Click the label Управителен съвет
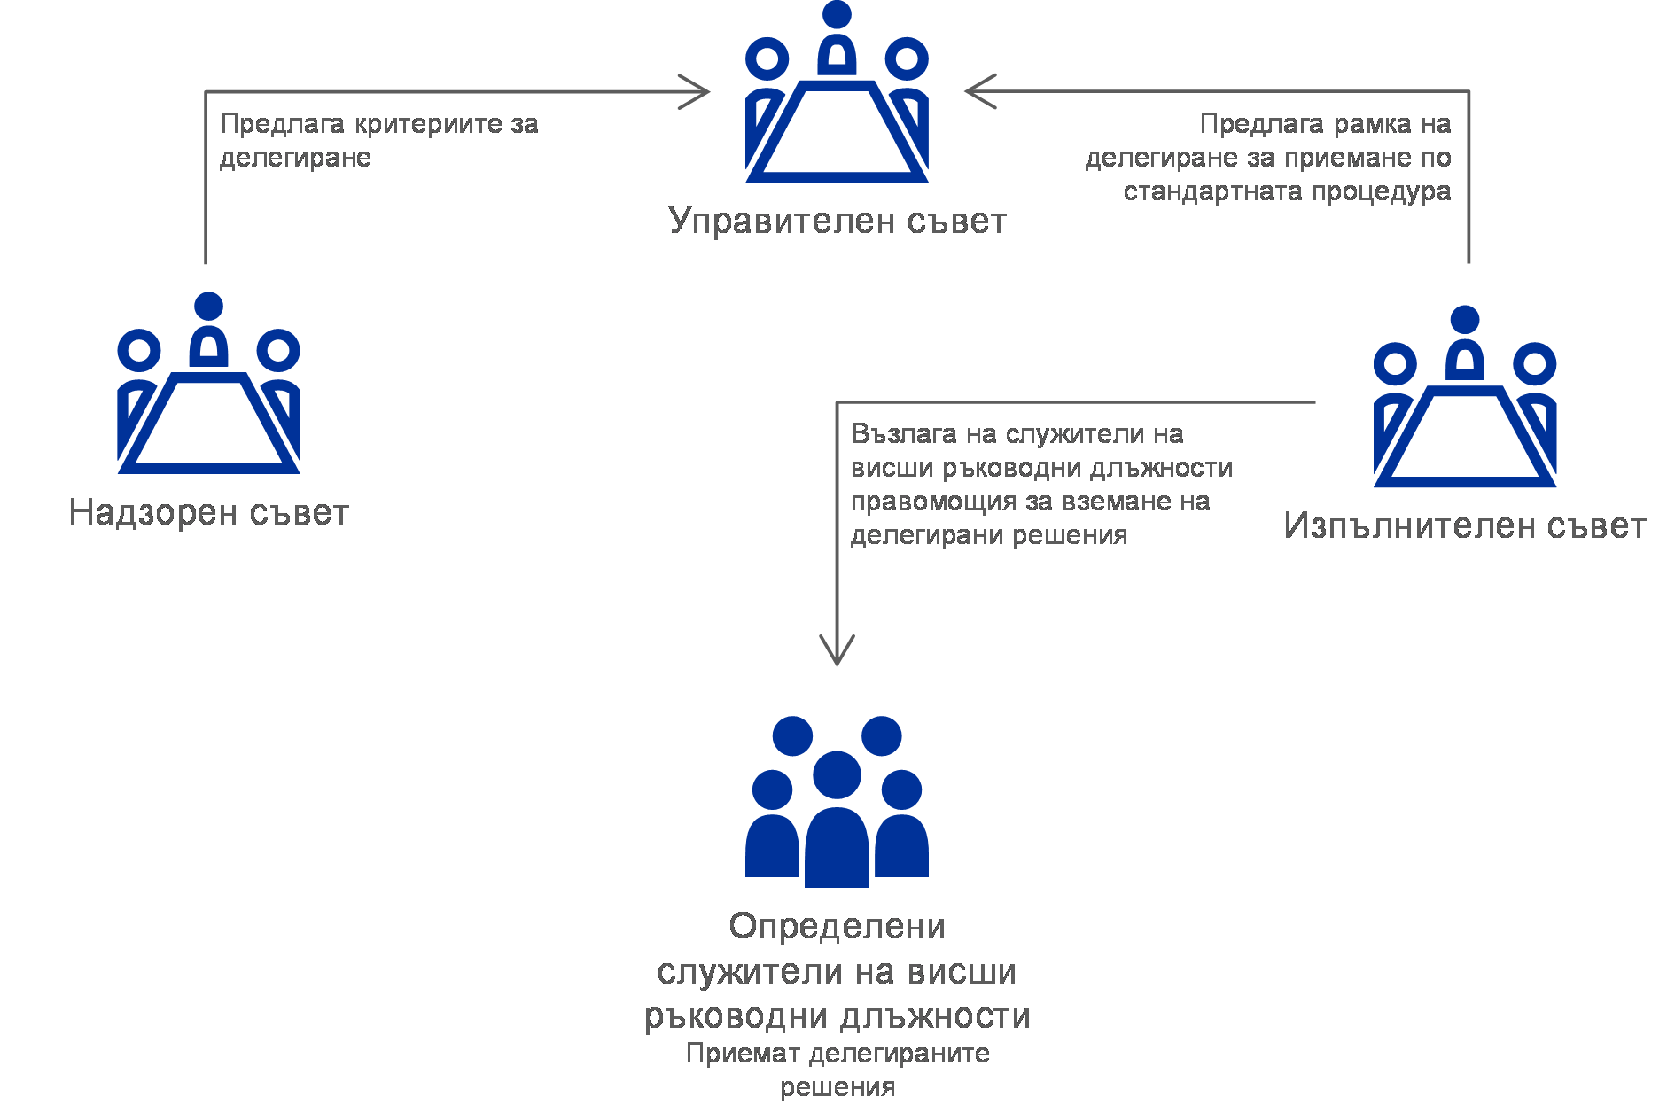tap(837, 222)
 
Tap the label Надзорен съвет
tap(209, 513)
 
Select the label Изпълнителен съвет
tap(1464, 526)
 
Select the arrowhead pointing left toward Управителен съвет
tap(977, 91)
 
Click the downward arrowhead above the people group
tap(837, 654)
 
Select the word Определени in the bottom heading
tap(837, 927)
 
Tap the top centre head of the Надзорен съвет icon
tap(209, 307)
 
